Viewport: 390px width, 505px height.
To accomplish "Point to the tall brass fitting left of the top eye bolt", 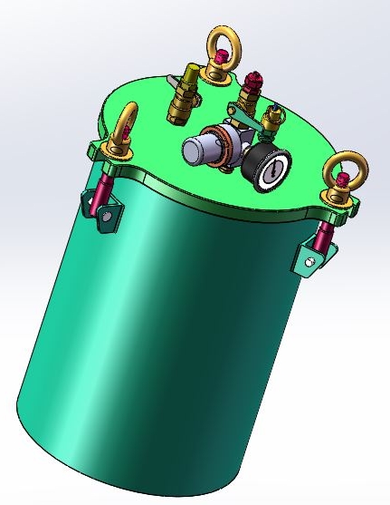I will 181,95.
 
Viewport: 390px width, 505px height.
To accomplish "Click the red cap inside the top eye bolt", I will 220,62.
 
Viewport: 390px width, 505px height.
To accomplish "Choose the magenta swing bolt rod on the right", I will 323,237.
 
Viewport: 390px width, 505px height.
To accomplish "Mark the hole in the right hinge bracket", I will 310,262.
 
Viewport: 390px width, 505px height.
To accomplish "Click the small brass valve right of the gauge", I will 271,121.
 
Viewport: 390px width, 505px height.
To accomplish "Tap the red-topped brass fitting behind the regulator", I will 251,92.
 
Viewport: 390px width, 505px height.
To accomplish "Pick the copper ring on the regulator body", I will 221,151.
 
